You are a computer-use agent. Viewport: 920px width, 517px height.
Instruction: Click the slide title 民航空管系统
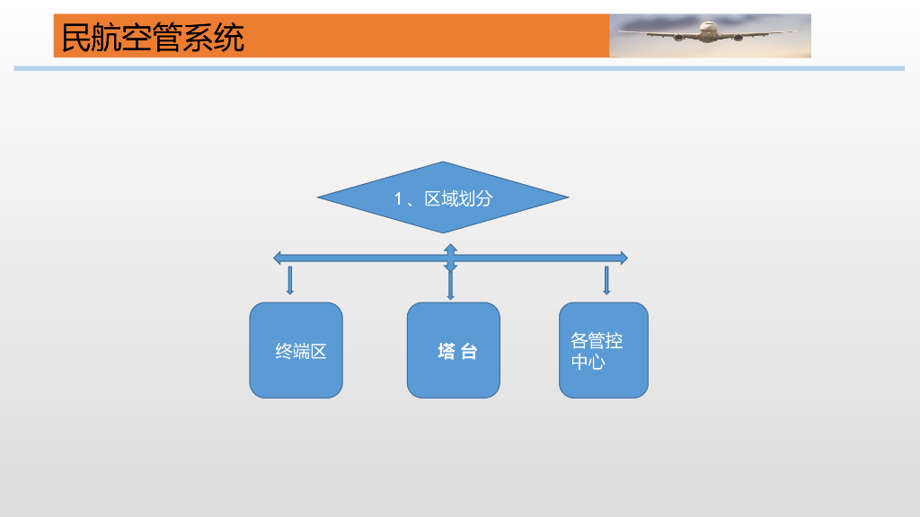point(153,38)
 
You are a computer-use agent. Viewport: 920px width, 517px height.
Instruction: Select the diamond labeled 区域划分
point(443,197)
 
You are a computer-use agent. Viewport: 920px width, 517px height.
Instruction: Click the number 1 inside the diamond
point(399,199)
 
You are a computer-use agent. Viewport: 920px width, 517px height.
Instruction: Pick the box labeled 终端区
point(296,350)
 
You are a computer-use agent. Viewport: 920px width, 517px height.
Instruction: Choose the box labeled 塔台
point(453,350)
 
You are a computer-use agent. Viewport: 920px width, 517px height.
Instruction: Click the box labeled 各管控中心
point(603,350)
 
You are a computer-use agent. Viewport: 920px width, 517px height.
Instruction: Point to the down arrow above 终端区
point(289,281)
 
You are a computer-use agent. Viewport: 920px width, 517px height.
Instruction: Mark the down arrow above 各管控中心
point(606,281)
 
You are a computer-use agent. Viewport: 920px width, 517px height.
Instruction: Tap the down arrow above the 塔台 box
point(450,285)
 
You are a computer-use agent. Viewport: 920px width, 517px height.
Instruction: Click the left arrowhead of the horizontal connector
point(279,258)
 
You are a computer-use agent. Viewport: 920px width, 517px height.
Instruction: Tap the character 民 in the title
point(76,38)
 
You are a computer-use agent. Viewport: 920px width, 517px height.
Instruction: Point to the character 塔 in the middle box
point(446,352)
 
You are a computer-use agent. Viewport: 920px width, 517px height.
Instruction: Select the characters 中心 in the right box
point(588,362)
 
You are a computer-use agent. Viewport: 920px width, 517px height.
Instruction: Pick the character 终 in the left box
point(284,352)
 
